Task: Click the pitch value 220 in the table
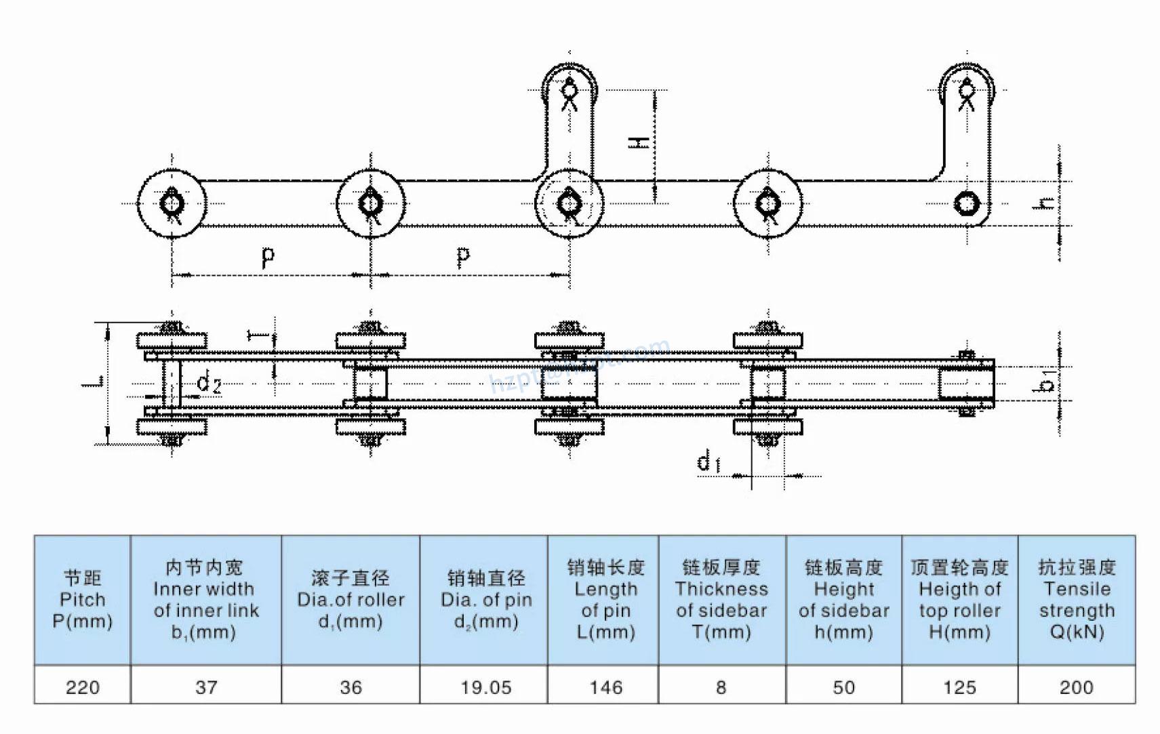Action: click(83, 687)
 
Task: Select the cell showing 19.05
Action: click(485, 687)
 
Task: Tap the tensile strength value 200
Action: click(1076, 687)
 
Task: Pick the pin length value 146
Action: click(605, 687)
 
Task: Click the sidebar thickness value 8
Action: click(721, 687)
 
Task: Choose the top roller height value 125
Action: click(959, 687)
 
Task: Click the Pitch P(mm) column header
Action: click(83, 599)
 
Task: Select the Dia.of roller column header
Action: click(351, 599)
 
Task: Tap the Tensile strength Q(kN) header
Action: click(1076, 599)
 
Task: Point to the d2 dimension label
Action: click(209, 383)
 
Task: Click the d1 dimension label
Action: click(708, 462)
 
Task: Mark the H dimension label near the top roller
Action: click(639, 142)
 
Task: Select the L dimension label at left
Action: click(94, 382)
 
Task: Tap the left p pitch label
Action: click(268, 256)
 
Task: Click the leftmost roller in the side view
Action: click(172, 203)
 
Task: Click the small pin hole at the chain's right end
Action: click(966, 203)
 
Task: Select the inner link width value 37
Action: click(206, 687)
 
